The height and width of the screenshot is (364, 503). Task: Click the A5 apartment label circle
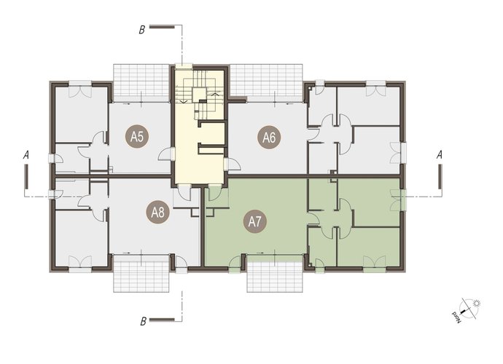pyautogui.click(x=136, y=137)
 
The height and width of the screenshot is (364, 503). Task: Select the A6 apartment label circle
pyautogui.click(x=269, y=138)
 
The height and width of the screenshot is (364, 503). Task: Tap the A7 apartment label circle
pyautogui.click(x=255, y=221)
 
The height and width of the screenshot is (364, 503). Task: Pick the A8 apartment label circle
pyautogui.click(x=158, y=212)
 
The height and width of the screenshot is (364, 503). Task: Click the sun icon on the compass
pyautogui.click(x=477, y=303)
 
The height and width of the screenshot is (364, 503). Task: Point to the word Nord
pyautogui.click(x=457, y=317)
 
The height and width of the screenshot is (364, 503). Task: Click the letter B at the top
pyautogui.click(x=142, y=30)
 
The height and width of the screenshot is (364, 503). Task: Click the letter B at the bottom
pyautogui.click(x=143, y=321)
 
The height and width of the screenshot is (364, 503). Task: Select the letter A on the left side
pyautogui.click(x=26, y=155)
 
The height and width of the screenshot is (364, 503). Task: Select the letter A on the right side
pyautogui.click(x=440, y=155)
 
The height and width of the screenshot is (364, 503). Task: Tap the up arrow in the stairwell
pyautogui.click(x=215, y=95)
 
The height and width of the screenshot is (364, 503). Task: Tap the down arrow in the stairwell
pyautogui.click(x=184, y=101)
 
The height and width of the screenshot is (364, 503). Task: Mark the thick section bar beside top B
pyautogui.click(x=162, y=27)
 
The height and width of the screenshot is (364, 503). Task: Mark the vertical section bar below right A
pyautogui.click(x=440, y=177)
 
